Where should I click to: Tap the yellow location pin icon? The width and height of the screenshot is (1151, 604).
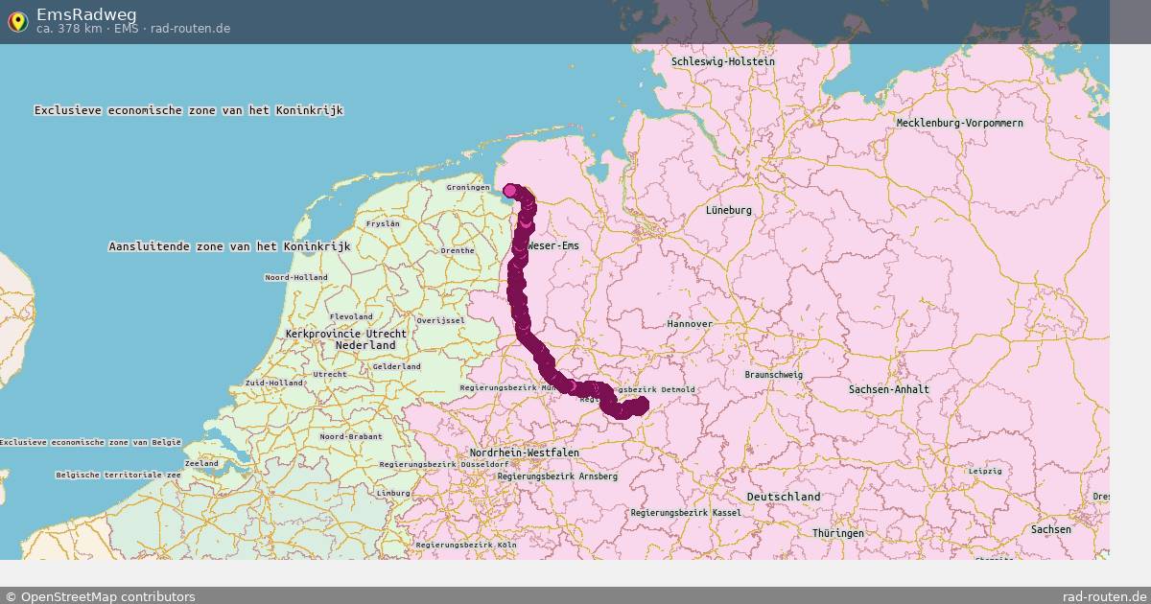click(x=17, y=21)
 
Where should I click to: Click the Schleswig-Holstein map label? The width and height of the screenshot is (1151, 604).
click(x=722, y=61)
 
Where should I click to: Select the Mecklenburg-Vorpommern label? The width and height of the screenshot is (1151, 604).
click(x=959, y=123)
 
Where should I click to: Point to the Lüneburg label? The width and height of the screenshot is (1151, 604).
click(x=729, y=210)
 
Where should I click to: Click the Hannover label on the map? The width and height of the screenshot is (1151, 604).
click(x=690, y=324)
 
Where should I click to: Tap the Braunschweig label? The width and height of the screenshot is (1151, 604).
click(x=773, y=375)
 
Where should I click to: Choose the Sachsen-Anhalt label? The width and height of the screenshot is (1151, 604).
click(x=888, y=389)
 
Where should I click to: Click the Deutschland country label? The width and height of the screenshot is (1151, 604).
click(x=784, y=497)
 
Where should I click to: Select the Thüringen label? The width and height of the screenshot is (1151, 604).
click(x=837, y=533)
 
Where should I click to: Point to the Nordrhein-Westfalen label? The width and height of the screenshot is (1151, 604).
click(x=524, y=453)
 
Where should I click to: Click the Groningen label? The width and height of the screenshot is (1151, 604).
click(x=468, y=187)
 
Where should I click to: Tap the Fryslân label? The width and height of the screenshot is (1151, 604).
click(x=383, y=223)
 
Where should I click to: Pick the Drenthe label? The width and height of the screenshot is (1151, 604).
click(x=457, y=251)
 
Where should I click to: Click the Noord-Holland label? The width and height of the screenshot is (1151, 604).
click(x=295, y=277)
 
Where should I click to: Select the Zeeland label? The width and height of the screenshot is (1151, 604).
click(x=201, y=463)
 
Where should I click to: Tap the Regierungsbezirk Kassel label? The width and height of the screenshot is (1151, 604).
click(x=685, y=513)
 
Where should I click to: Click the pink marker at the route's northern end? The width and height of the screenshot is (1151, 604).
click(x=510, y=191)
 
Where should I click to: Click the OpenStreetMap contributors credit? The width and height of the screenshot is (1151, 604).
click(x=100, y=596)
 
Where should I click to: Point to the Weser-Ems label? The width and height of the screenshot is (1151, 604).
click(x=553, y=246)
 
